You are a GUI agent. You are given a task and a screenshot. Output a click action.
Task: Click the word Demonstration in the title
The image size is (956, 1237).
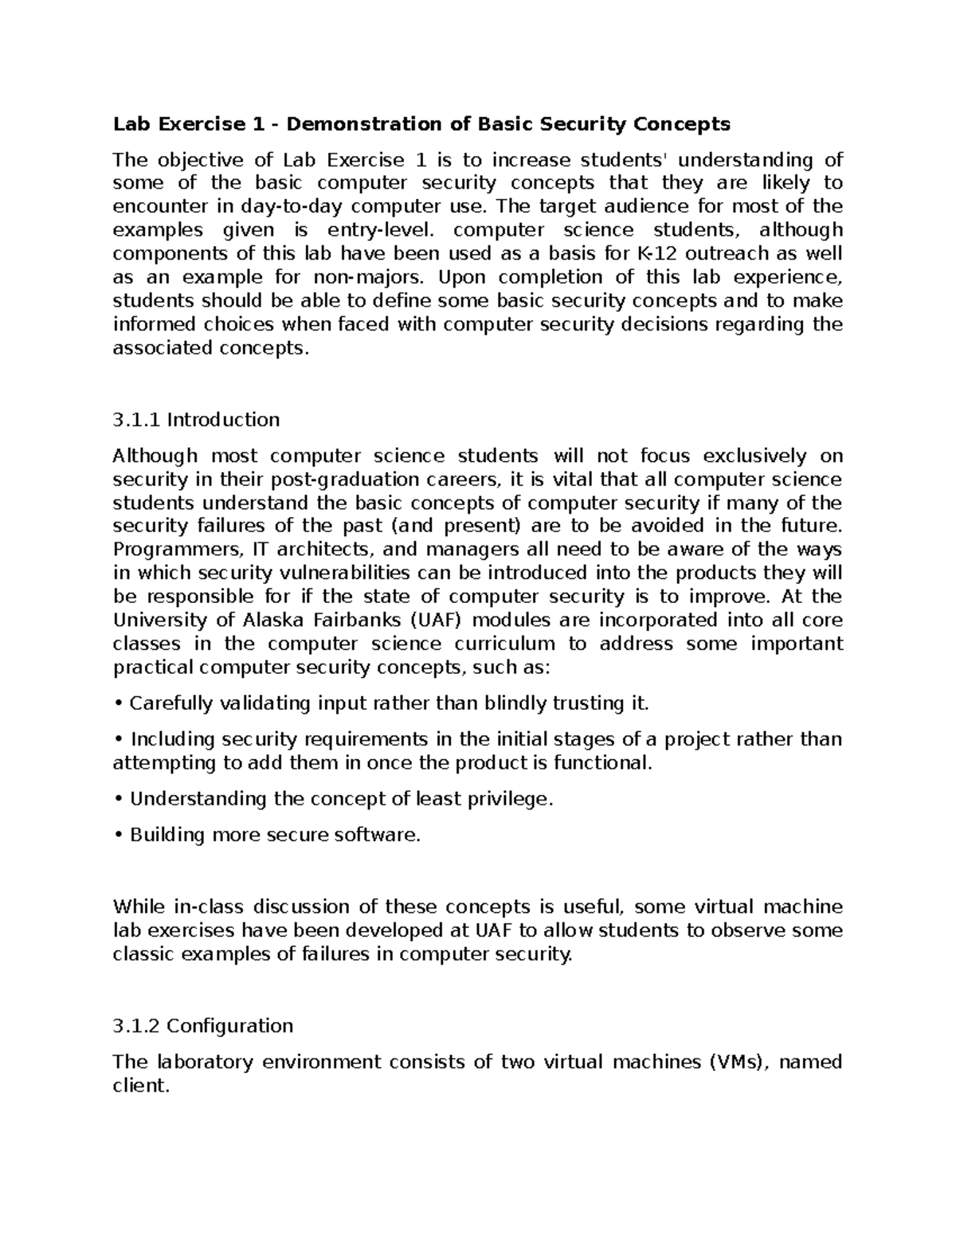[x=372, y=124]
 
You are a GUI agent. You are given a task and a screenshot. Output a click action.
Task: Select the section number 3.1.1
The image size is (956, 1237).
[x=137, y=420]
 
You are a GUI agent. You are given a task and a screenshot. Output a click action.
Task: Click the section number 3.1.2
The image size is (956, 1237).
[x=139, y=1026]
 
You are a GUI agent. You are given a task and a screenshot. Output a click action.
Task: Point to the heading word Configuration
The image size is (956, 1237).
[x=229, y=1026]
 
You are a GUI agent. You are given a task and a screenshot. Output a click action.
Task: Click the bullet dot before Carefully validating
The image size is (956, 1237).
[x=118, y=704]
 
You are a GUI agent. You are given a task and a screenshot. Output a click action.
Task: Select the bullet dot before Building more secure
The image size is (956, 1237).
[x=118, y=836]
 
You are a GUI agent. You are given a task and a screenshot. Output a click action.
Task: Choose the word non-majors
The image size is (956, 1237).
[x=364, y=278]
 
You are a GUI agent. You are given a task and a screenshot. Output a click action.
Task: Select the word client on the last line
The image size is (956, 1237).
[x=141, y=1086]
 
